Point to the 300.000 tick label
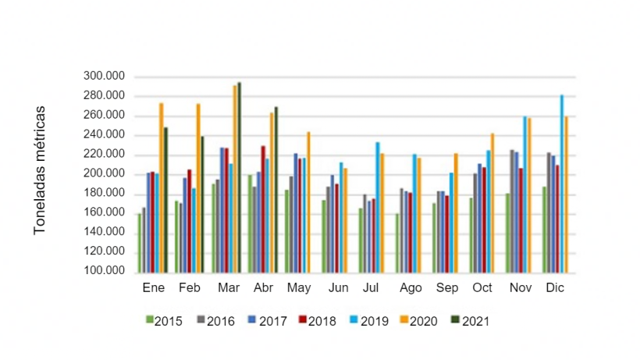pos(104,77)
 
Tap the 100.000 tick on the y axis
pos(104,271)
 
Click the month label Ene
pos(154,288)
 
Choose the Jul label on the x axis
pos(371,288)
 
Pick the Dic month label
pos(555,288)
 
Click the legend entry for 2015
pos(164,320)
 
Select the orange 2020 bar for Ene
pos(162,187)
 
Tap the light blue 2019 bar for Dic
pos(561,184)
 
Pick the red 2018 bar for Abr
pos(263,209)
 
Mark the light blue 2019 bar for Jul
pos(378,207)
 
